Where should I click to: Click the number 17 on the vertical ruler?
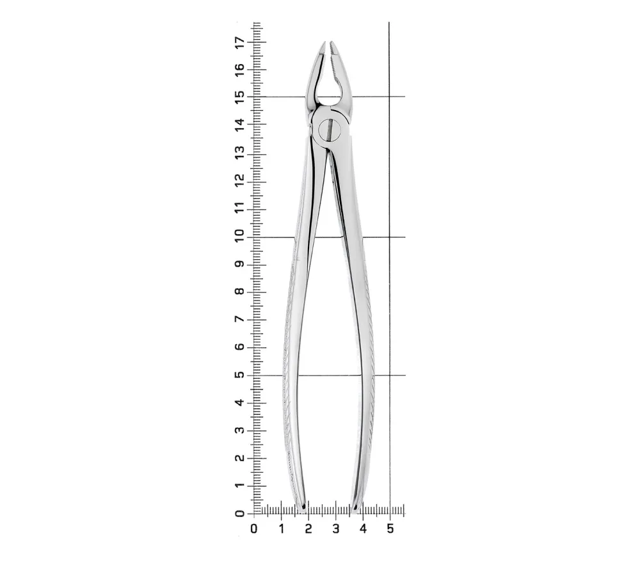click(239, 42)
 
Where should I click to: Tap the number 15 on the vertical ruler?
click(239, 97)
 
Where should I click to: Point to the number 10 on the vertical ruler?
click(239, 236)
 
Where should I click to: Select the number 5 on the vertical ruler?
click(239, 374)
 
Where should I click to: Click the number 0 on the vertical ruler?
click(239, 513)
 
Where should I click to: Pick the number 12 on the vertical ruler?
click(239, 180)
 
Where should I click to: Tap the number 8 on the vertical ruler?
click(239, 291)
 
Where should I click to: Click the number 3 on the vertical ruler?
click(239, 430)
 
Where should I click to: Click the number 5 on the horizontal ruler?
click(390, 529)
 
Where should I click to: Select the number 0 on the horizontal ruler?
click(254, 529)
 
